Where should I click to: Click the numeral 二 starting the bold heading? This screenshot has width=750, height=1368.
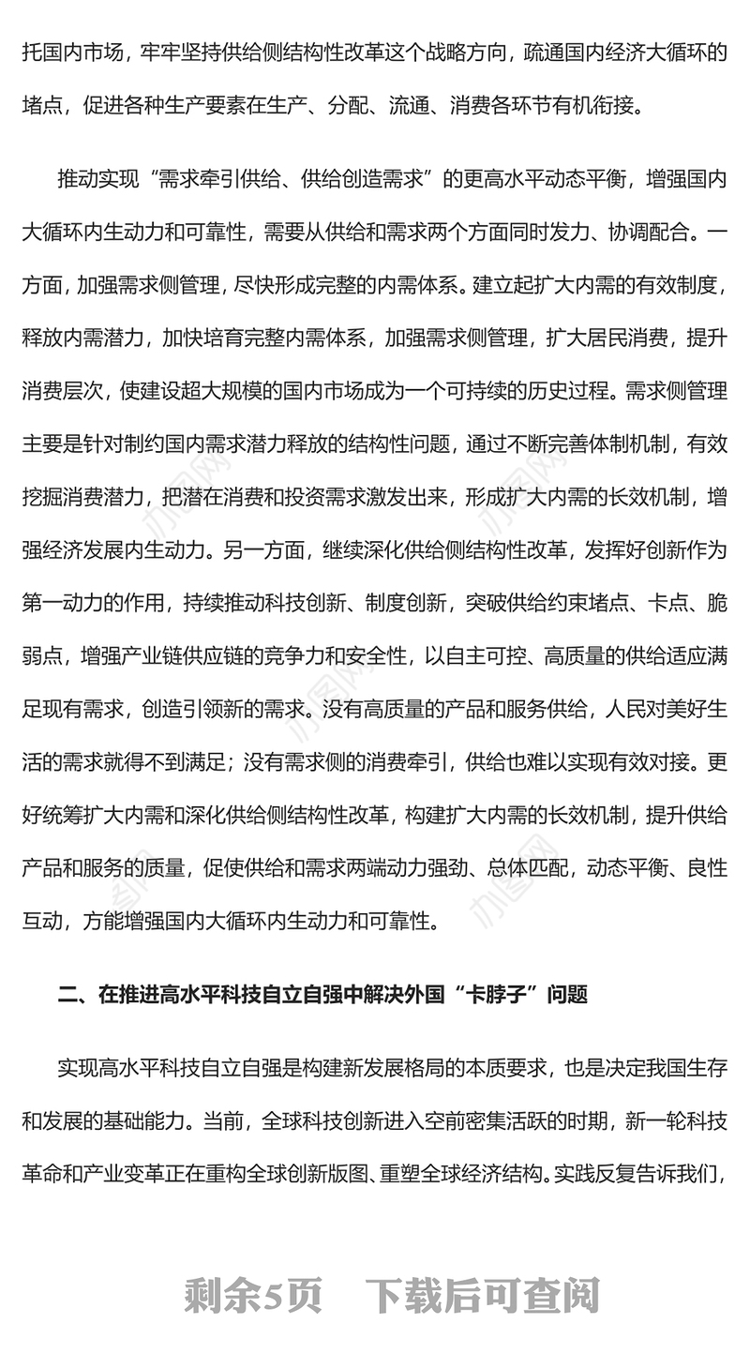[67, 995]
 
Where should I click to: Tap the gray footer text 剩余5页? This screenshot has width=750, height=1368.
[253, 1297]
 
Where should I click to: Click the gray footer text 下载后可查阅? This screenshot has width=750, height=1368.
[482, 1297]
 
